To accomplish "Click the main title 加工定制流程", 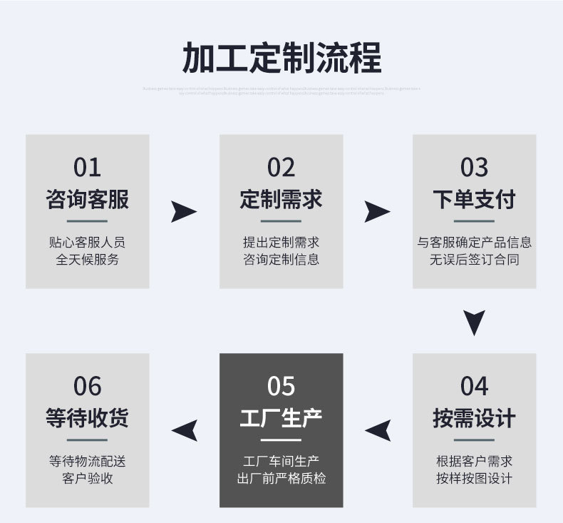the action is coord(281,58).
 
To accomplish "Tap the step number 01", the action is coord(87,168).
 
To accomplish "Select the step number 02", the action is coord(281,168).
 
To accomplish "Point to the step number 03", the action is coord(474,168).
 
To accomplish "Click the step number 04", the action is coord(474,386).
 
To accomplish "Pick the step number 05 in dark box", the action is coord(281,386).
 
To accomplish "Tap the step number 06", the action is coord(87,386).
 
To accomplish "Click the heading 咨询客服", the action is coord(87,199).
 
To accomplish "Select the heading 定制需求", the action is coord(281,199).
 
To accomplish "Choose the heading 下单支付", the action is coord(474,199).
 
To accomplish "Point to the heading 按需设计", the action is coord(474,417).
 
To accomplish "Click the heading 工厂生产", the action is coord(281,417).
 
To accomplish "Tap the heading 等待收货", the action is coord(87,417).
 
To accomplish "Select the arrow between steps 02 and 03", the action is coord(377,212).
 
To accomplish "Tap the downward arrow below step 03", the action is coord(474,322).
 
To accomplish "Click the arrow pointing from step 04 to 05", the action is coord(378,430).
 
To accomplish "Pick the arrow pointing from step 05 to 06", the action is coord(185,430).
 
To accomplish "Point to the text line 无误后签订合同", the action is coord(474,260).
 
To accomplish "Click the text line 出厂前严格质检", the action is coord(281,478).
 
